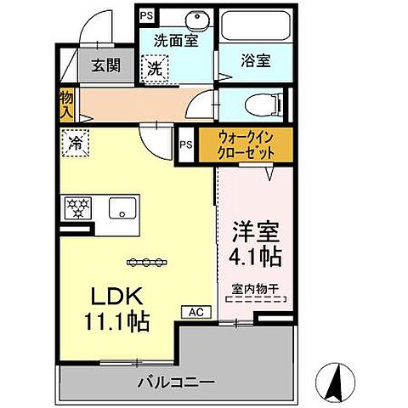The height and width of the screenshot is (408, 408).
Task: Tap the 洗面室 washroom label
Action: [x=176, y=40]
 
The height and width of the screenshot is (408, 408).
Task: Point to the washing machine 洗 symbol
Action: [x=156, y=67]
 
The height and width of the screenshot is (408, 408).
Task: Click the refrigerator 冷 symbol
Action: [x=72, y=144]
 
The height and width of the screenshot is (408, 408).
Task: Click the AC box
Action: [x=195, y=312]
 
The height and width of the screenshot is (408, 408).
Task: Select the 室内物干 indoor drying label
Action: [x=256, y=289]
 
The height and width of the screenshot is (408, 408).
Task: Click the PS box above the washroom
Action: [x=144, y=15]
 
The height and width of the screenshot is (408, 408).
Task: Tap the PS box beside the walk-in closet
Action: [x=186, y=144]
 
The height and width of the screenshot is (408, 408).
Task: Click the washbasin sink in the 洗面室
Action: [x=176, y=20]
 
